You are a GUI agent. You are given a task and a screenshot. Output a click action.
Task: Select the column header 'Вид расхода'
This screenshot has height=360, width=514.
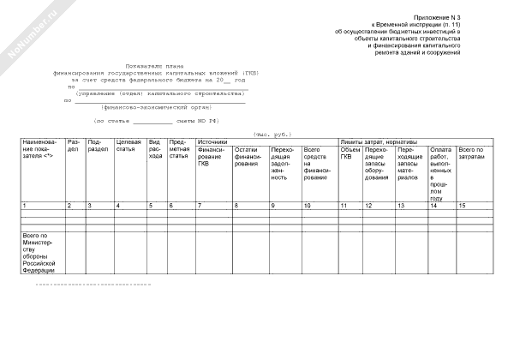click(x=154, y=150)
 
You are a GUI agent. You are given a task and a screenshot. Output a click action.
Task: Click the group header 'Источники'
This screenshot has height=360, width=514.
click(x=212, y=141)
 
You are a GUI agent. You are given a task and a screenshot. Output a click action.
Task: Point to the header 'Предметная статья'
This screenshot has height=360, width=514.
click(x=179, y=150)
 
